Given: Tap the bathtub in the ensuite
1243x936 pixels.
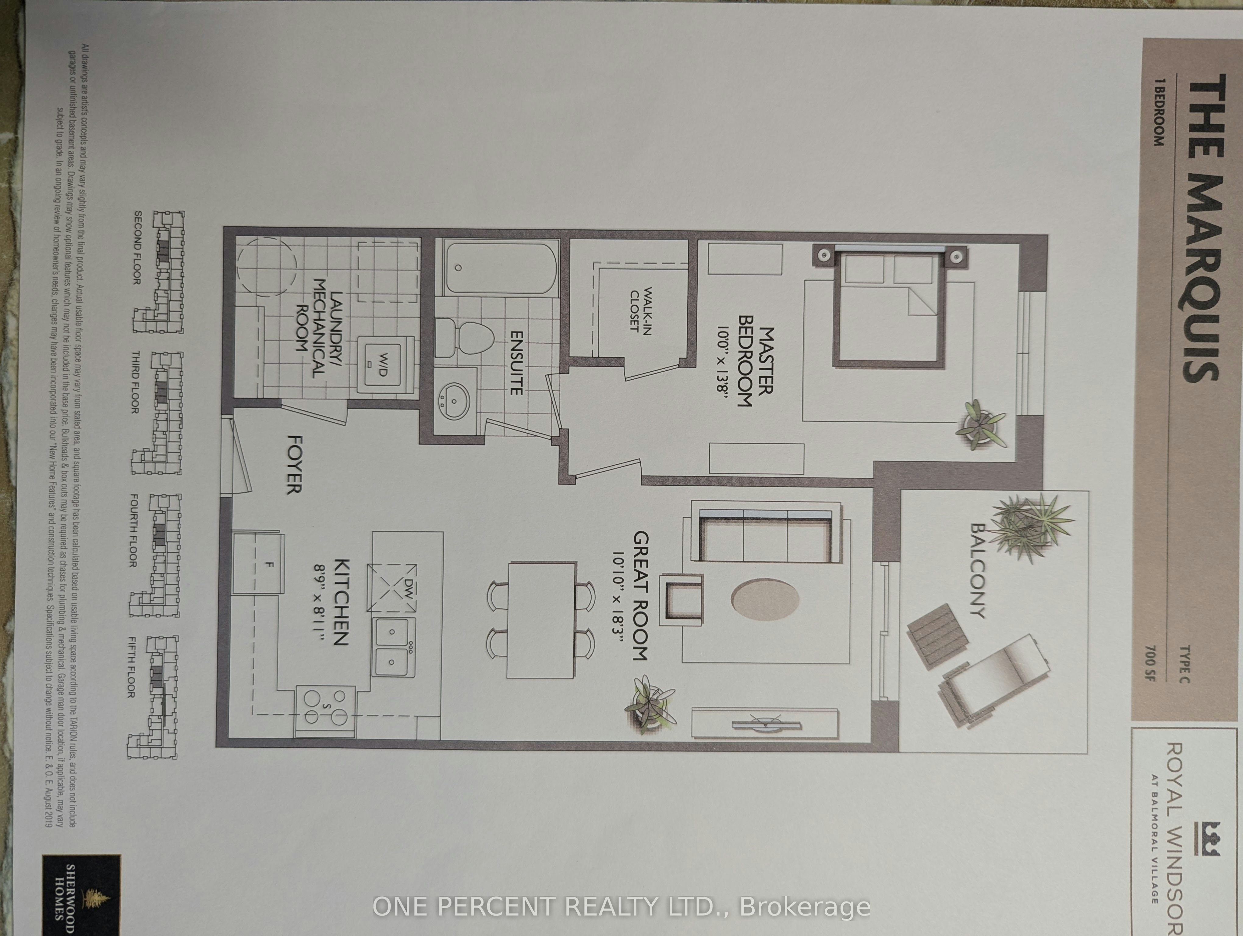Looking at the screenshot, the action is tap(501, 268).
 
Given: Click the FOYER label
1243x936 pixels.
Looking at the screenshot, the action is tap(295, 463).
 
